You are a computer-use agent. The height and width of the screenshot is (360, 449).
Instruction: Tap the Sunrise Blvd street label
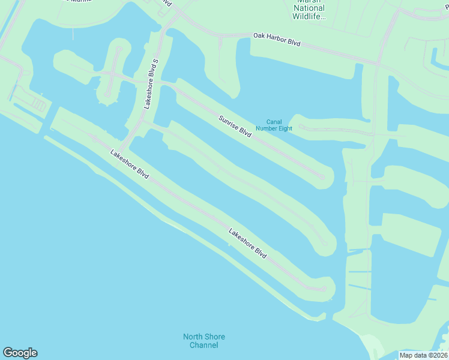coord(235,126)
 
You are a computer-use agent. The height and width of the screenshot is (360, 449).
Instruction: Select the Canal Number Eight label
coord(274,124)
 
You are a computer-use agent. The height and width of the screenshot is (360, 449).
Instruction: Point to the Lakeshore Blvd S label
coord(151,83)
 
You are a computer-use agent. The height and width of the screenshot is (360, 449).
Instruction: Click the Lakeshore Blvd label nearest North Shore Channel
coord(247,243)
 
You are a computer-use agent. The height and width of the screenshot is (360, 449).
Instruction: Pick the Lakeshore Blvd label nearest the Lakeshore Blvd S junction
coord(130,163)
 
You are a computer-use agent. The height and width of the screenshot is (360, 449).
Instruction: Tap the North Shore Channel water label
coord(204,341)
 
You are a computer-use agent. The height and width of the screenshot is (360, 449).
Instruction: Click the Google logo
coord(20,353)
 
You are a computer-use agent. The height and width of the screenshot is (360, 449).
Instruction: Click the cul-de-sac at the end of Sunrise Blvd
coord(322,176)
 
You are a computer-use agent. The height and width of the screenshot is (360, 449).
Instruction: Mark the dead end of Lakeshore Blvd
coord(325,289)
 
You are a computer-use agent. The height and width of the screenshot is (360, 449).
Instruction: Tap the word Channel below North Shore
coord(204,345)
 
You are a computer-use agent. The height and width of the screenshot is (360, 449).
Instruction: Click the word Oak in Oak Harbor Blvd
coord(259,36)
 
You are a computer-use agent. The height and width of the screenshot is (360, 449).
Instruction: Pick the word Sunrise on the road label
coord(229,121)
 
